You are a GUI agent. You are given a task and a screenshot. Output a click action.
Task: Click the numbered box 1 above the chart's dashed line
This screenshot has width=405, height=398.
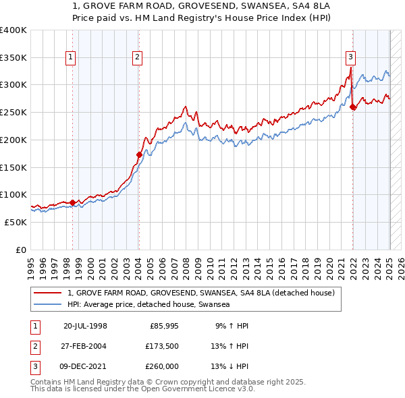point(71,58)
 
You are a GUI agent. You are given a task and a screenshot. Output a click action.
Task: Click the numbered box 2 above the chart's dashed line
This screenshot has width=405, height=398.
point(137,58)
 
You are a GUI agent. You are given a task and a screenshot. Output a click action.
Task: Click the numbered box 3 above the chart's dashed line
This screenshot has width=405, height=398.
point(351,58)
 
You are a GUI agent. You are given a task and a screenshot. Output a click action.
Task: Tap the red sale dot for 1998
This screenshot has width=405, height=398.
point(72,202)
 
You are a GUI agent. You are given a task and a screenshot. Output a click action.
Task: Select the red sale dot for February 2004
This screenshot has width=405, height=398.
point(139,154)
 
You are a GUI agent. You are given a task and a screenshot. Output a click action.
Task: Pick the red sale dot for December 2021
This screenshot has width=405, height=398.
point(353,107)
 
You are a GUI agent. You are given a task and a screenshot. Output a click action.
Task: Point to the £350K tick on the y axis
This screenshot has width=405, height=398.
point(13,58)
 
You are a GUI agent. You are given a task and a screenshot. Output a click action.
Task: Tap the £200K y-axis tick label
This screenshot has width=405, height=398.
point(13,140)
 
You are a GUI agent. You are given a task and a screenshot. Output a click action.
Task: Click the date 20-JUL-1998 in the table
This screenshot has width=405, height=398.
point(85,326)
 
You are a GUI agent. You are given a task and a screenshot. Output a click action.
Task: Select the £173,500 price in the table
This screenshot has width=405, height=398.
point(162,346)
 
